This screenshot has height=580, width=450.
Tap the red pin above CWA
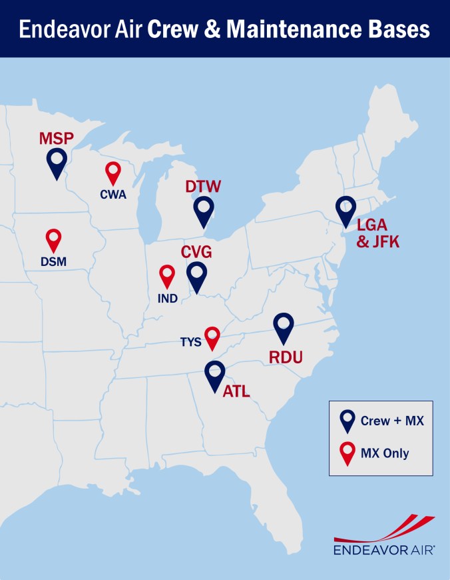tap(113, 171)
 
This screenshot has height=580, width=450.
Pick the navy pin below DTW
tap(204, 210)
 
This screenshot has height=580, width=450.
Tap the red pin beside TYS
tap(212, 337)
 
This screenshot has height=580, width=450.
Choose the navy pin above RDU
tap(284, 327)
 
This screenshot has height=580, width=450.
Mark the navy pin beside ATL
tap(214, 375)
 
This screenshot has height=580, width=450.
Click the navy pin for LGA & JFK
tap(346, 210)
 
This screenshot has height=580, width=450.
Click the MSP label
tap(57, 138)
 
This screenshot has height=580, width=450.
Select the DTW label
tap(203, 186)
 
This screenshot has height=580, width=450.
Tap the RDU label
tap(286, 358)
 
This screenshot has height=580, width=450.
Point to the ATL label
tap(236, 391)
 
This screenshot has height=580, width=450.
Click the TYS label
tap(190, 342)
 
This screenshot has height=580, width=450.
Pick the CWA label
tap(113, 195)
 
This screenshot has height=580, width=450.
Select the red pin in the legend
tap(347, 453)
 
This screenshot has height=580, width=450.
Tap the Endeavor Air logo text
tap(384, 551)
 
